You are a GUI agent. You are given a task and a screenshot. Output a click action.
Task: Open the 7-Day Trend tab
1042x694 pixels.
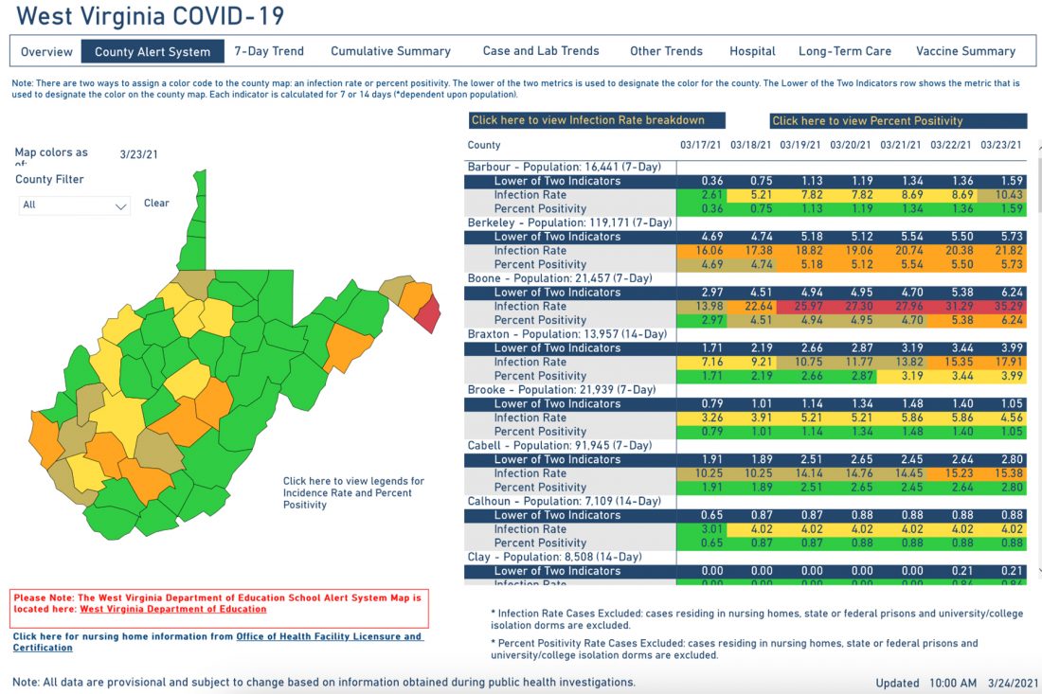[x=269, y=51]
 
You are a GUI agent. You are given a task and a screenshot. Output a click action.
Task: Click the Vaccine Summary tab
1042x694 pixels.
[x=965, y=51]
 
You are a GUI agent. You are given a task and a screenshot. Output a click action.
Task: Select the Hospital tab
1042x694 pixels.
[x=752, y=51]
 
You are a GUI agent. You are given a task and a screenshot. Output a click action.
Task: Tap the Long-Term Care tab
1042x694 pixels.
[x=845, y=51]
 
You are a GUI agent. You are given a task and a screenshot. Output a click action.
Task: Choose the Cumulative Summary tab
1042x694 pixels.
[x=390, y=51]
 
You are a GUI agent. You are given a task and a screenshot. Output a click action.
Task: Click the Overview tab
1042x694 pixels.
[x=46, y=51]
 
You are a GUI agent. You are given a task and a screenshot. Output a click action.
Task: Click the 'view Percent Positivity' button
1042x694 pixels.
[x=897, y=120]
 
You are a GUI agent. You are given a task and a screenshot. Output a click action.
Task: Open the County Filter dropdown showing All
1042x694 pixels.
[x=75, y=205]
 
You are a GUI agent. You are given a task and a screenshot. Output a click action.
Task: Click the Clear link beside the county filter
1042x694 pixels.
[x=156, y=203]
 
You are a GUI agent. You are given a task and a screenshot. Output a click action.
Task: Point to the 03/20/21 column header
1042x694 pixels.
[x=850, y=146]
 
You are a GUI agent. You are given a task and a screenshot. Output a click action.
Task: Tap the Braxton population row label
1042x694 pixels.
[x=566, y=334]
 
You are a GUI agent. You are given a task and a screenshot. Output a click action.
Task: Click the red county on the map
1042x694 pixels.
[x=428, y=311]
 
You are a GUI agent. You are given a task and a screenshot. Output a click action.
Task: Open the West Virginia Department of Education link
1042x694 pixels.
[x=172, y=610]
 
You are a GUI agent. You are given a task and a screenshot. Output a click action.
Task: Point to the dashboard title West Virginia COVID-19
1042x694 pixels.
[x=150, y=16]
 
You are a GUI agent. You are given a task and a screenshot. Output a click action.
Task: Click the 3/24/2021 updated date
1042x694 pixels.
[x=1014, y=683]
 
